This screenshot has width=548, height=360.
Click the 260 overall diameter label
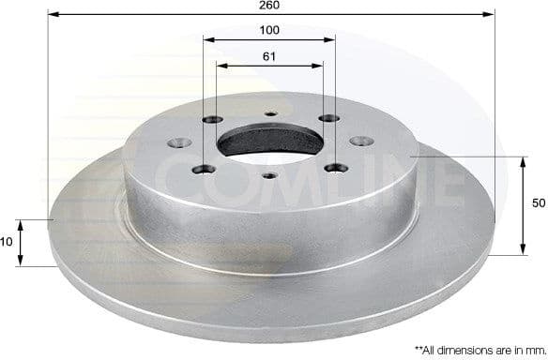tap(269, 6)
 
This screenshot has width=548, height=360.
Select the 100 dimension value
tap(269, 31)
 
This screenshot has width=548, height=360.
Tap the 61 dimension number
tap(269, 56)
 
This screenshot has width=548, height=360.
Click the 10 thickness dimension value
tap(8, 242)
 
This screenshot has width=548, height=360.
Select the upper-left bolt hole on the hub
tap(211, 120)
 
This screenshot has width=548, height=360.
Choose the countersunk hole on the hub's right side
tap(358, 142)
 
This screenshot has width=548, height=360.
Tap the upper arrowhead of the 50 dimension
tap(523, 161)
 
